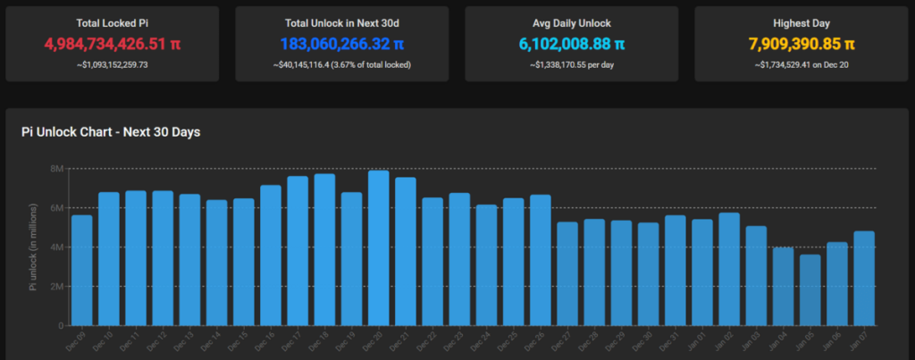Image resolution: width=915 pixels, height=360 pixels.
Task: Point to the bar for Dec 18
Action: click(x=324, y=249)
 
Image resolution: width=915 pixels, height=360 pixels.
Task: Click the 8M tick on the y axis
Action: click(x=55, y=169)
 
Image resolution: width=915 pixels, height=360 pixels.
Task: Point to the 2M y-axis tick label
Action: click(x=55, y=287)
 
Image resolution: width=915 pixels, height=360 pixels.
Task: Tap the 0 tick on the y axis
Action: click(x=58, y=326)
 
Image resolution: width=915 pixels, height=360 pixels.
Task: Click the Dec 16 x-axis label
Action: click(x=268, y=340)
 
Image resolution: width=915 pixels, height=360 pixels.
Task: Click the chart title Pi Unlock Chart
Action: click(x=111, y=132)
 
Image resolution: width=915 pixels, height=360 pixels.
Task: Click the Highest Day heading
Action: click(x=802, y=21)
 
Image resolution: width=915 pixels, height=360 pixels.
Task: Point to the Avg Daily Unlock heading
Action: click(x=572, y=21)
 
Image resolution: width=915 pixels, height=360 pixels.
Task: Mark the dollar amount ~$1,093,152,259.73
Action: click(x=111, y=64)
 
